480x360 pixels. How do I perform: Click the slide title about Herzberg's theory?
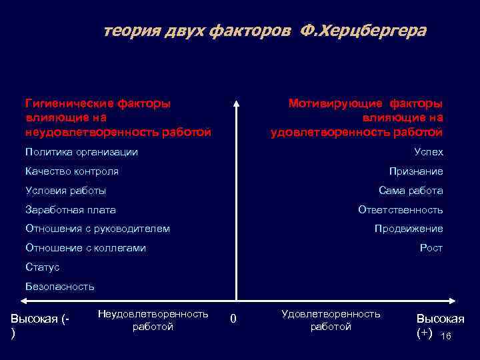(265, 31)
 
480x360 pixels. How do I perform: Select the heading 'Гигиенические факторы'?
(97, 103)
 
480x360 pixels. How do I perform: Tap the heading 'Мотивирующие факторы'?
(365, 103)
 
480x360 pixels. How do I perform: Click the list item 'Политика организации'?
(81, 152)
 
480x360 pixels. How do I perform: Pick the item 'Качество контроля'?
(72, 171)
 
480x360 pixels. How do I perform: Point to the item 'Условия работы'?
(65, 191)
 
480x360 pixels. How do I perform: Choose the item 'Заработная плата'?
(71, 210)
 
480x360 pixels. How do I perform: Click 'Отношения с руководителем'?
(97, 229)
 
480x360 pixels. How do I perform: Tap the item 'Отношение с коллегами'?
(85, 248)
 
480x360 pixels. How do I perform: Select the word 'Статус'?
(42, 267)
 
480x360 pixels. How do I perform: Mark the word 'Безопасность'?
(60, 287)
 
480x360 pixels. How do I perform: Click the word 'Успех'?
(429, 152)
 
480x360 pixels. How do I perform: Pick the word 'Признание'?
(416, 171)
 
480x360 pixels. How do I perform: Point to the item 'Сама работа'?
(411, 191)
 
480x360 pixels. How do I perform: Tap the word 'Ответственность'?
(400, 210)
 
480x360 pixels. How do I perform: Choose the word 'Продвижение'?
(409, 229)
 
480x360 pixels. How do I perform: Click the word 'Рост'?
(431, 248)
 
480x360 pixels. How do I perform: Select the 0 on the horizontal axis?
(233, 319)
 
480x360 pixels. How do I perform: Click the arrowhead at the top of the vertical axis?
(235, 103)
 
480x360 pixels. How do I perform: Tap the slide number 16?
(446, 337)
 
